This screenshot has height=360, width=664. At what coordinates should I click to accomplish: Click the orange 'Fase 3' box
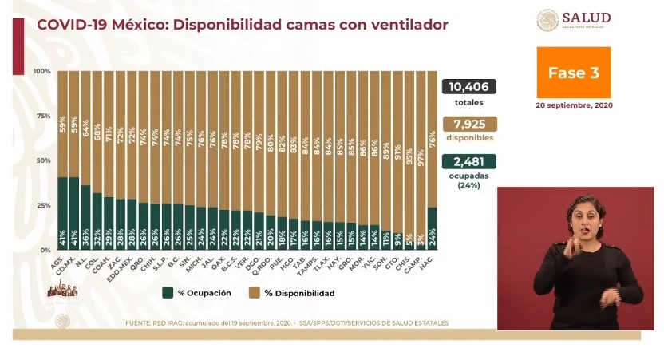pyautogui.click(x=573, y=73)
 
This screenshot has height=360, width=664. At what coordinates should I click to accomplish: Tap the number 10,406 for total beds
pyautogui.click(x=468, y=87)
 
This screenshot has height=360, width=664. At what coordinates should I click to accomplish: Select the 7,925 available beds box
pyautogui.click(x=468, y=124)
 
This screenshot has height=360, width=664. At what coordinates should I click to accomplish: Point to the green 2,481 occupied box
pyautogui.click(x=468, y=161)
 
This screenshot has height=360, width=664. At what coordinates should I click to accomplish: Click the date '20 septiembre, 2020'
pyautogui.click(x=574, y=105)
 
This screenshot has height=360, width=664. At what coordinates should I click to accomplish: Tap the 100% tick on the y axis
pyautogui.click(x=42, y=72)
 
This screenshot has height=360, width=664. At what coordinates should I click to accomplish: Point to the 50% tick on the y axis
pyautogui.click(x=44, y=160)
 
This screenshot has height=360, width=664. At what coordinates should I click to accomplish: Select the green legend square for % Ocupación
pyautogui.click(x=168, y=293)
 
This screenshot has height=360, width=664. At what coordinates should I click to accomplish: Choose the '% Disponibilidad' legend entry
pyautogui.click(x=300, y=293)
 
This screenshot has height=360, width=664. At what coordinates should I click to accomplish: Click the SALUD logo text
pyautogui.click(x=586, y=18)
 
